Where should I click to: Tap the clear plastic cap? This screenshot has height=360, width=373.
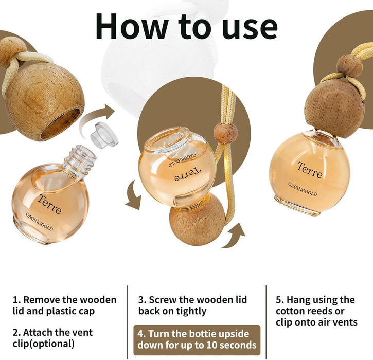tap(104, 135)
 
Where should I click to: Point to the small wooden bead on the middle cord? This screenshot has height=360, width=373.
tap(225, 133)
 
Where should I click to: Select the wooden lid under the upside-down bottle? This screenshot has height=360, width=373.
tap(197, 220)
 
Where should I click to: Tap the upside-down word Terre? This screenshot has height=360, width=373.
tap(187, 174)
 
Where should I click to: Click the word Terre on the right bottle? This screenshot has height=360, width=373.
tap(310, 170)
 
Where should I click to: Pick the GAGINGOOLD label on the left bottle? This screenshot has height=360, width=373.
tap(39, 222)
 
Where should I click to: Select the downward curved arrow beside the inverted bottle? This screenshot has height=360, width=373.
tap(133, 196)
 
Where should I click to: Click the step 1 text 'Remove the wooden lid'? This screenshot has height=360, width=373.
tap(64, 305)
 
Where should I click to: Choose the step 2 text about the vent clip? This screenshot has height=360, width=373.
tap(52, 338)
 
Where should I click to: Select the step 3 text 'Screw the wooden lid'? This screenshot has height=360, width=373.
tap(192, 305)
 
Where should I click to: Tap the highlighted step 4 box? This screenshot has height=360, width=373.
tap(197, 340)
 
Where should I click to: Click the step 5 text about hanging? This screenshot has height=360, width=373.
tap(316, 311)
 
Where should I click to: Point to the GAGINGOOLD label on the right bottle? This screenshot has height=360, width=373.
tap(303, 189)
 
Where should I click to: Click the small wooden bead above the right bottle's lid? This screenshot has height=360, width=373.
tap(350, 66)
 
